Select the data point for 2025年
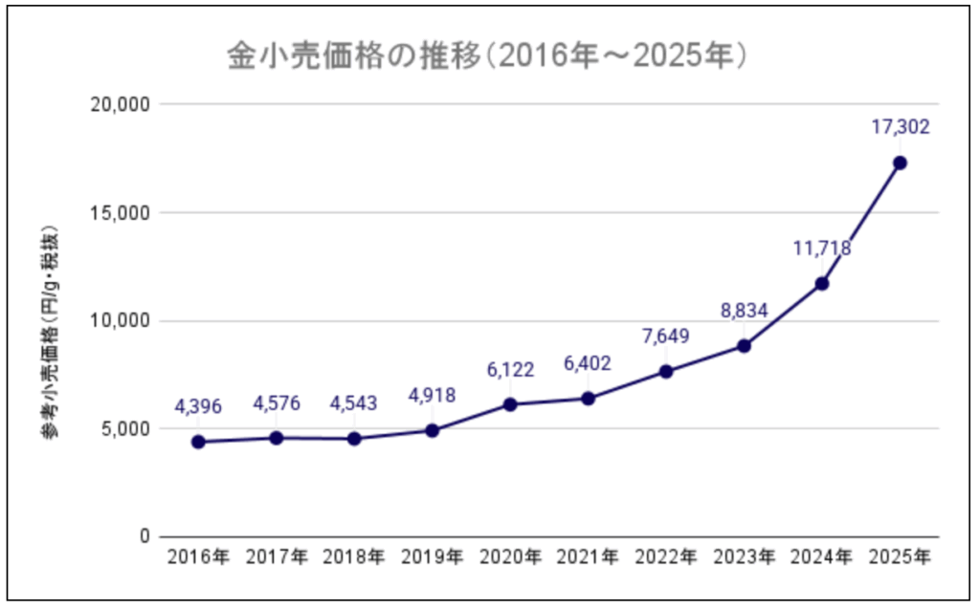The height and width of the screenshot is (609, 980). click(900, 163)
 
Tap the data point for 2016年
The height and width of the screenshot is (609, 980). click(198, 442)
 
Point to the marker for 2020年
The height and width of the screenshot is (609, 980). click(510, 404)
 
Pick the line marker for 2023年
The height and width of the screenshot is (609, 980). click(744, 345)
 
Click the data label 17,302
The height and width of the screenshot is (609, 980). click(900, 126)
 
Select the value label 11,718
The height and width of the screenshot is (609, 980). click(822, 249)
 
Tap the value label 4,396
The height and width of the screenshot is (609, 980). click(198, 406)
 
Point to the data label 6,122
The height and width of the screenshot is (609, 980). click(510, 369)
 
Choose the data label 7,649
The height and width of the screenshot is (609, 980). click(665, 336)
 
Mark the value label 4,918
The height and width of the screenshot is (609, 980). click(432, 395)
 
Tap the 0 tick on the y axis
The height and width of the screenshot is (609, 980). click(144, 536)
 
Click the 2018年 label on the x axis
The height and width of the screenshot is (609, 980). click(354, 557)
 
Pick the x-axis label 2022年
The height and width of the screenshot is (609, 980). click(665, 557)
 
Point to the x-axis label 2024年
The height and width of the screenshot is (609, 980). click(822, 557)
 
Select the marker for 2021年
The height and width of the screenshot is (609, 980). click(588, 398)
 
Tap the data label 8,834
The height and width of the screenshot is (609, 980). click(744, 310)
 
